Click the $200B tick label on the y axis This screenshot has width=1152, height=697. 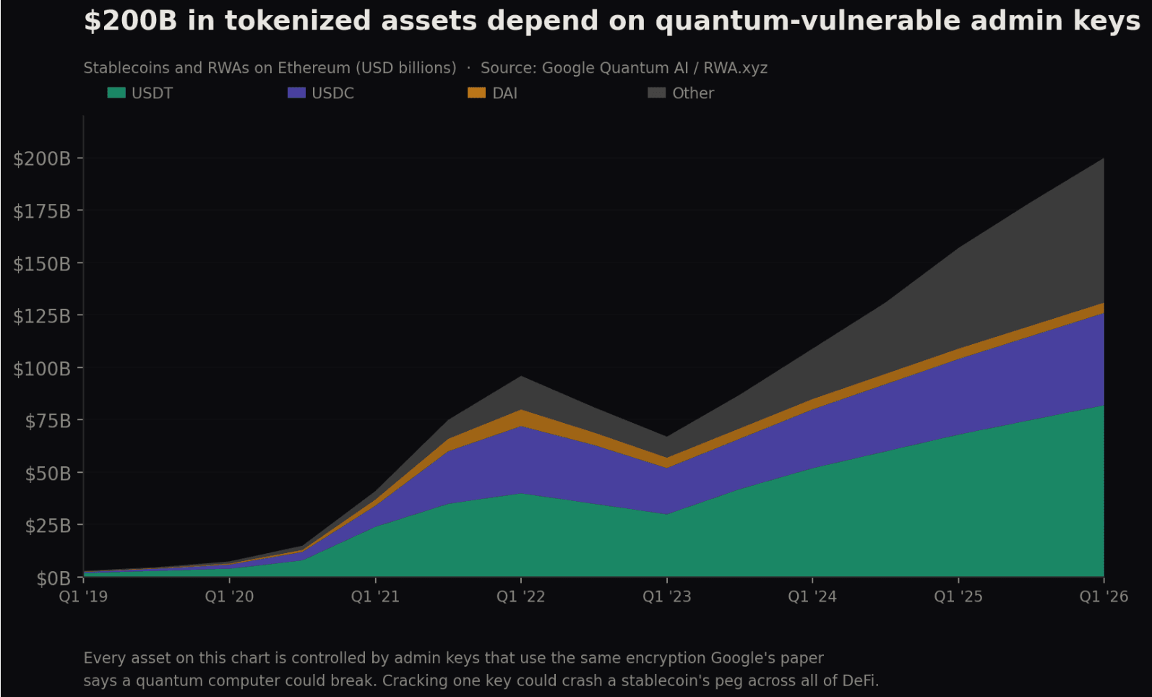[x=42, y=158]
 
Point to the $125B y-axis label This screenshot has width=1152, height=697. [x=42, y=316]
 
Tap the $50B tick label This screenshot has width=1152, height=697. [x=48, y=474]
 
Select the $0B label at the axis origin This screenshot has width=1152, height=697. [x=53, y=578]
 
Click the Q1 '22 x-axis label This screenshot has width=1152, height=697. [x=520, y=596]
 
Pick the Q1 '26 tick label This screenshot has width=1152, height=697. [x=1103, y=596]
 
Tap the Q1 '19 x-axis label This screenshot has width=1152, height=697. [x=83, y=596]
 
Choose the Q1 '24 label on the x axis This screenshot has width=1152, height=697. [x=812, y=596]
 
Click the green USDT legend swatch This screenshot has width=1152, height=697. [x=116, y=93]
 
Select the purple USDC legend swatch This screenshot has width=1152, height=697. [x=296, y=93]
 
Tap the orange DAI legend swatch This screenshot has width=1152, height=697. [x=476, y=93]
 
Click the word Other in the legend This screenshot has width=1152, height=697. [x=692, y=93]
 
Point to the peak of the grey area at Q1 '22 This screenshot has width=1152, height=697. [x=521, y=377]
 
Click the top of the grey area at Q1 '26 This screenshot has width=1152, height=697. [x=1103, y=159]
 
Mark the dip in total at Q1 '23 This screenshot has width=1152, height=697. [x=666, y=437]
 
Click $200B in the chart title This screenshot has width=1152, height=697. [x=131, y=20]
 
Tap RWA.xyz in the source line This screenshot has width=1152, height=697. [x=735, y=68]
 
